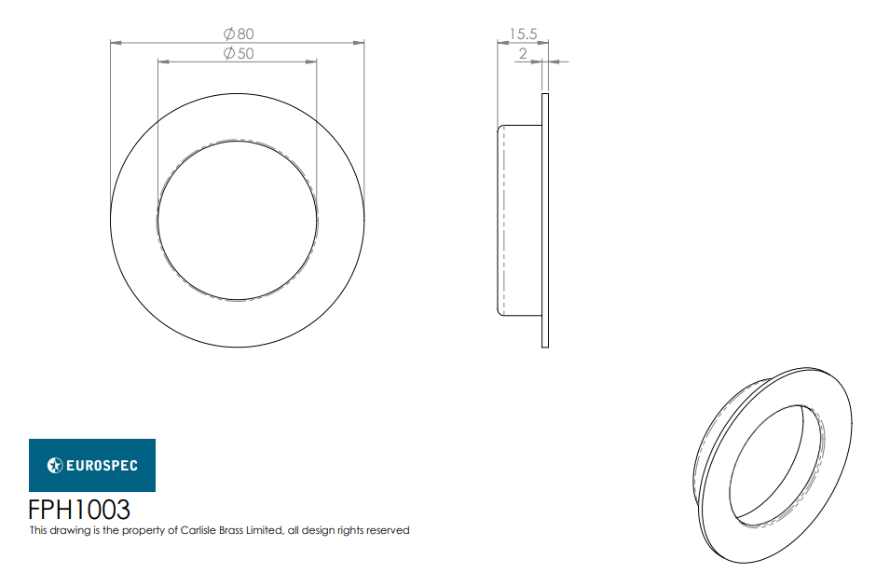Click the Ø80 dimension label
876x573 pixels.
pos(239,34)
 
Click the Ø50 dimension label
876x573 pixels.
pos(239,54)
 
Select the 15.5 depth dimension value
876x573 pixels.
pos(523,34)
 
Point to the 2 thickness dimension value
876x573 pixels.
pos(523,54)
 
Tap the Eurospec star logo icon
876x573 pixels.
pos(55,465)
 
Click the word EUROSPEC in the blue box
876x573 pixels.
pos(102,465)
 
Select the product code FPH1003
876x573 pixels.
pos(79,510)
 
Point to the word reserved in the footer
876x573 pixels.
pos(388,530)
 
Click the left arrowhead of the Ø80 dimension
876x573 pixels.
pos(116,42)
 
